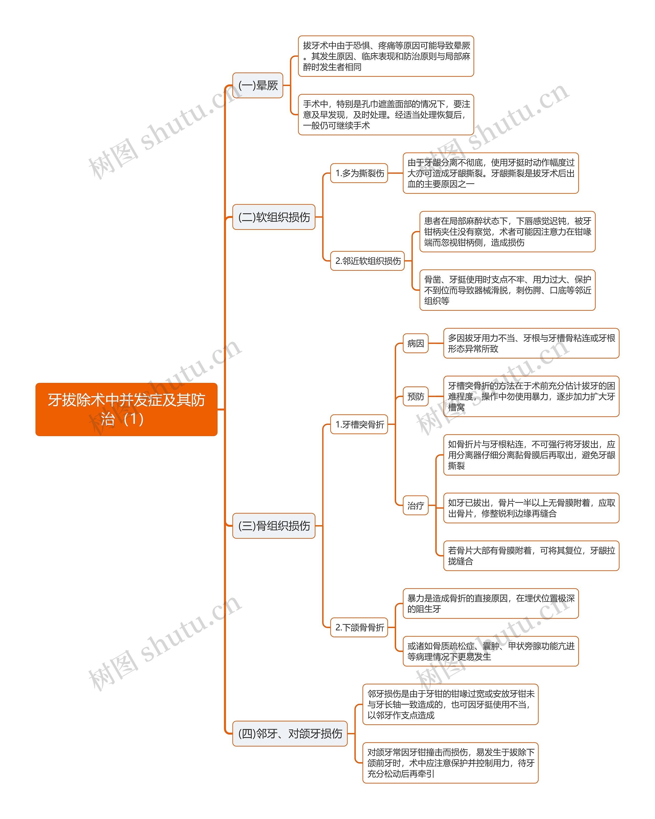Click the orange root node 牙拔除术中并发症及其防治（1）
pos(126,409)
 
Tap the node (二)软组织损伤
pos(274,217)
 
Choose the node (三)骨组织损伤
pos(274,526)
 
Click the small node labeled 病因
pos(416,343)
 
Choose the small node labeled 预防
pos(416,397)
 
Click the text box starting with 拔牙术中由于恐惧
pos(386,56)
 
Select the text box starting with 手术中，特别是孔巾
pos(386,115)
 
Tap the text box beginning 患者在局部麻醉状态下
pos(507,232)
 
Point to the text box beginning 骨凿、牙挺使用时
pos(507,290)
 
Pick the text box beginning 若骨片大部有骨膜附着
pos(531,556)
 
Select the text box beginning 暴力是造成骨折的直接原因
pos(490,604)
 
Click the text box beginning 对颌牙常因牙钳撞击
pos(450,763)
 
